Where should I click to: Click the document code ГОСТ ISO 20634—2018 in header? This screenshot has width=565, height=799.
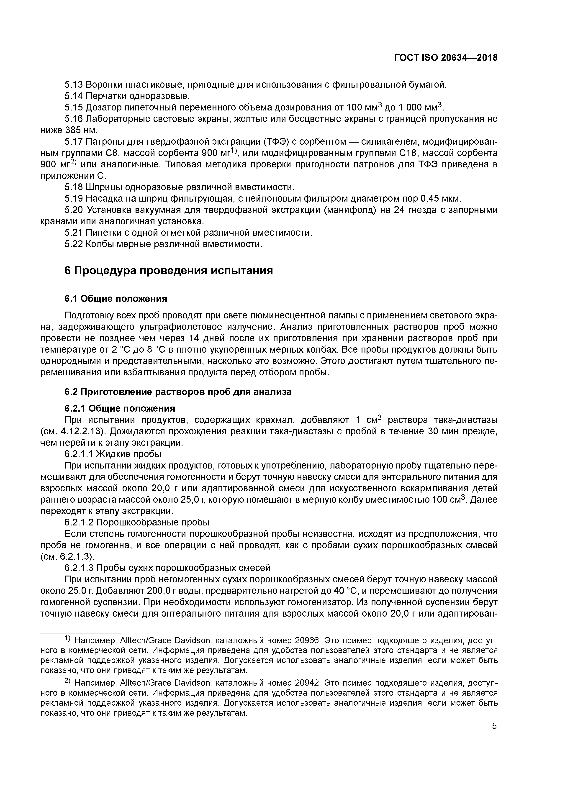[x=446, y=58]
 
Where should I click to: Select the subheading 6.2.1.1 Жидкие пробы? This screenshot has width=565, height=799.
[x=113, y=454]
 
